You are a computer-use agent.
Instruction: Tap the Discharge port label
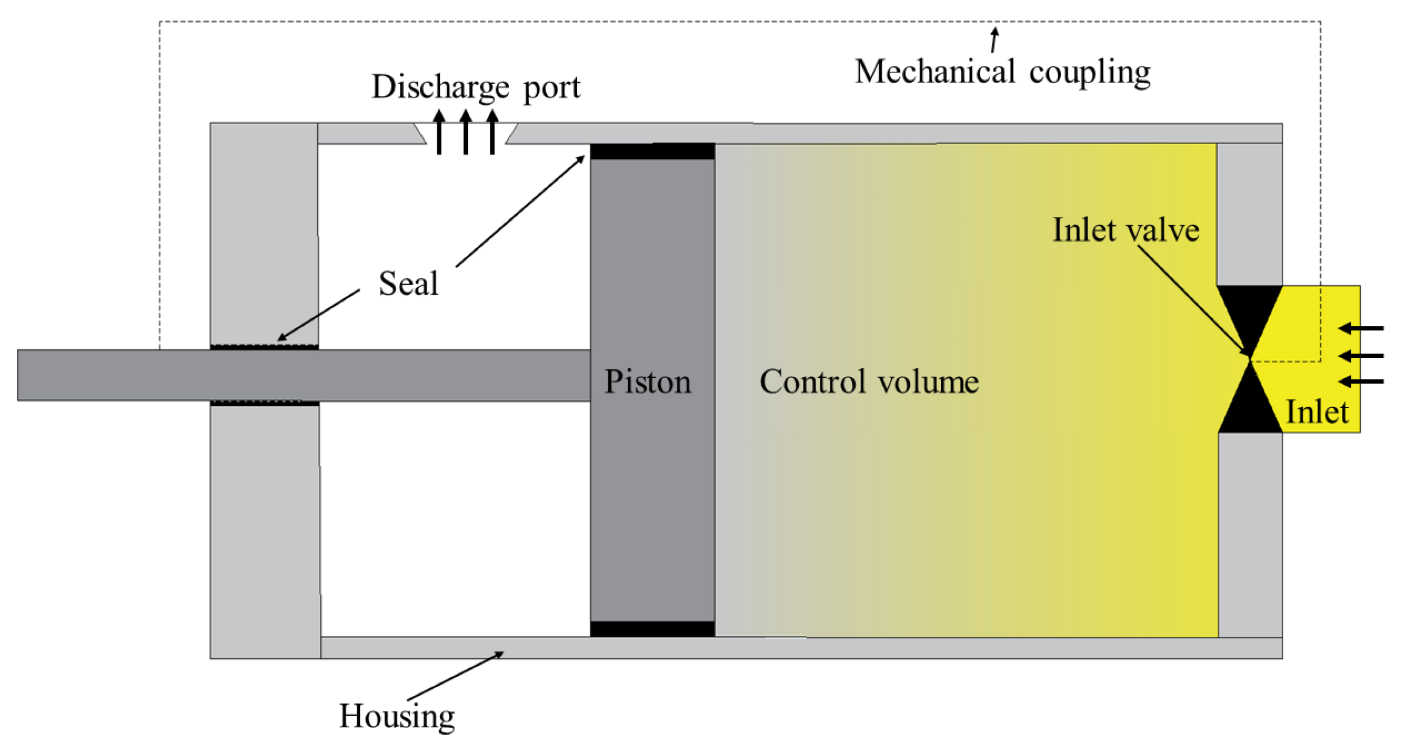click(x=476, y=87)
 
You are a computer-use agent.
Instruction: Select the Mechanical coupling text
click(x=1002, y=72)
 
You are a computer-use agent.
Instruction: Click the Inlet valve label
click(x=1125, y=229)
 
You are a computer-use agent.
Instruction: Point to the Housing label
click(x=396, y=715)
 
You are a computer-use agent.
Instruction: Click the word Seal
click(x=408, y=283)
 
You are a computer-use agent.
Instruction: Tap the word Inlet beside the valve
click(x=1316, y=411)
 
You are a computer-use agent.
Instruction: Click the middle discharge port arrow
click(x=466, y=132)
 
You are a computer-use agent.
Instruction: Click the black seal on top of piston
click(x=652, y=151)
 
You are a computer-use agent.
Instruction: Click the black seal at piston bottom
click(x=652, y=629)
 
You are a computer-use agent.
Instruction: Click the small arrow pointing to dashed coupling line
click(x=994, y=39)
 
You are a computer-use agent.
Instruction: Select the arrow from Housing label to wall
click(x=454, y=676)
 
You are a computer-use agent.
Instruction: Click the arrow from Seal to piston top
click(x=520, y=211)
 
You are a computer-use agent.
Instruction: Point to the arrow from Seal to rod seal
click(x=318, y=315)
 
